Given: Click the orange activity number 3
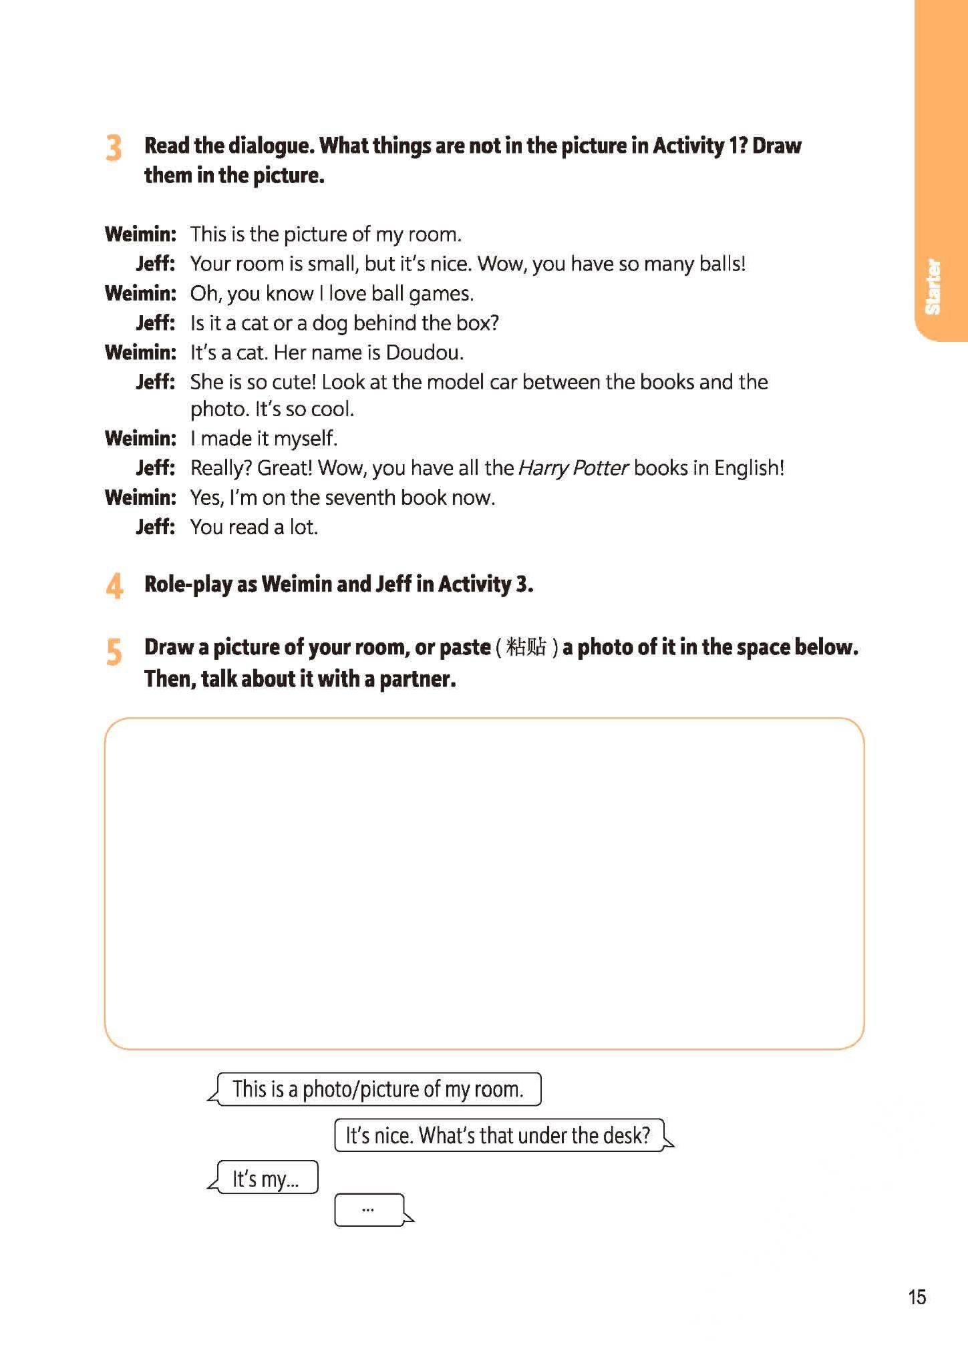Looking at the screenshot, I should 114,148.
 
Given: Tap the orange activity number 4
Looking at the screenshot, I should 114,586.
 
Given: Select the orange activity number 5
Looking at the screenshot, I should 114,652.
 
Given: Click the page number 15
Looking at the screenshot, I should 917,1297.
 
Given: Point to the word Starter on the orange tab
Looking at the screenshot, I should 933,287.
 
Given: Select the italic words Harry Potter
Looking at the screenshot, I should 573,467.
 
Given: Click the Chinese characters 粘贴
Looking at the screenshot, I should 526,647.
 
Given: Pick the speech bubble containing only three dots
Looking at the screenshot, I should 369,1209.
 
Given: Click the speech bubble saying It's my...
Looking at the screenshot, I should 267,1179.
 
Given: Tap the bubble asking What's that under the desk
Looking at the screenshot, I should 498,1135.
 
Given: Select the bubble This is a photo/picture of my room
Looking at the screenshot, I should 378,1089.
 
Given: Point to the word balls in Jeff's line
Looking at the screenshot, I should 721,264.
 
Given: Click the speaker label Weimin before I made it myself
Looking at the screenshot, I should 140,439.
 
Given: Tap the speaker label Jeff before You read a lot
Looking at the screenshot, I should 155,527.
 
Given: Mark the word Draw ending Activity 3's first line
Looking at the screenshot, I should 776,146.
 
